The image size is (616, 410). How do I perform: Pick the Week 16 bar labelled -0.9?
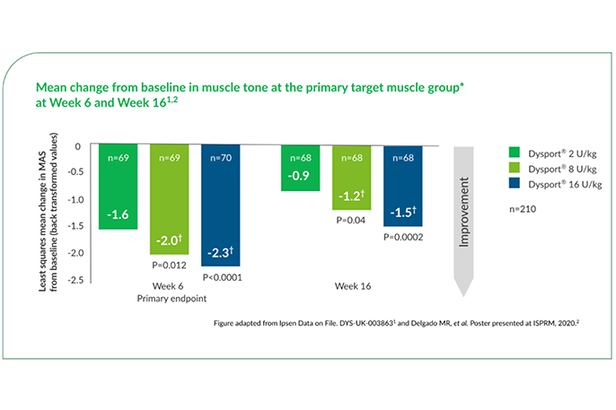300,168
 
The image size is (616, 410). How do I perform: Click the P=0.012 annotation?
170,266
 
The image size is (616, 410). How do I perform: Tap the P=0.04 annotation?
352,218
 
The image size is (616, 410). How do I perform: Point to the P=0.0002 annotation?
403,237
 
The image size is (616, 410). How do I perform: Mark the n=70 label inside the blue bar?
221,159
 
